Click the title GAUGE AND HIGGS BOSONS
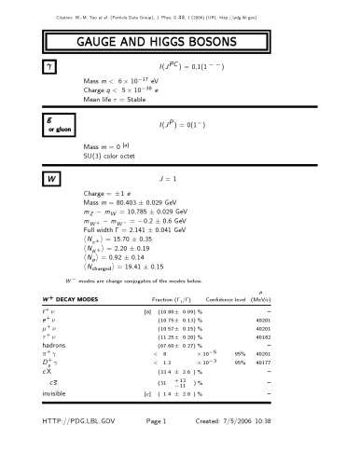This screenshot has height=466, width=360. click(x=180, y=41)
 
